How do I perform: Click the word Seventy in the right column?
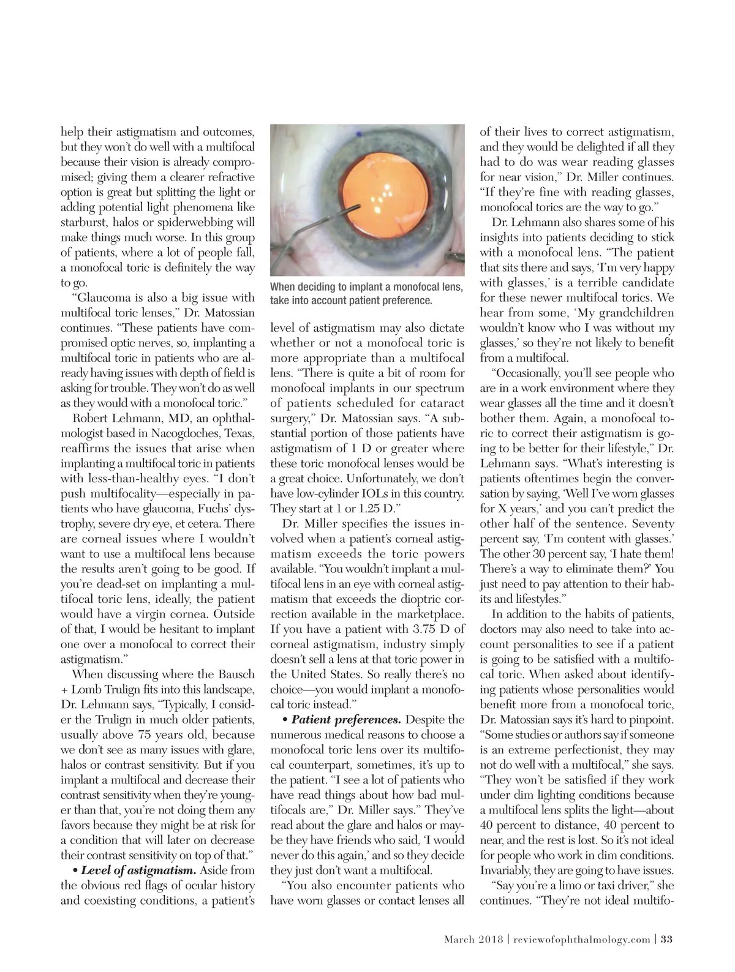(x=653, y=524)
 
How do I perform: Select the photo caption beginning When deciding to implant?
(x=366, y=294)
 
